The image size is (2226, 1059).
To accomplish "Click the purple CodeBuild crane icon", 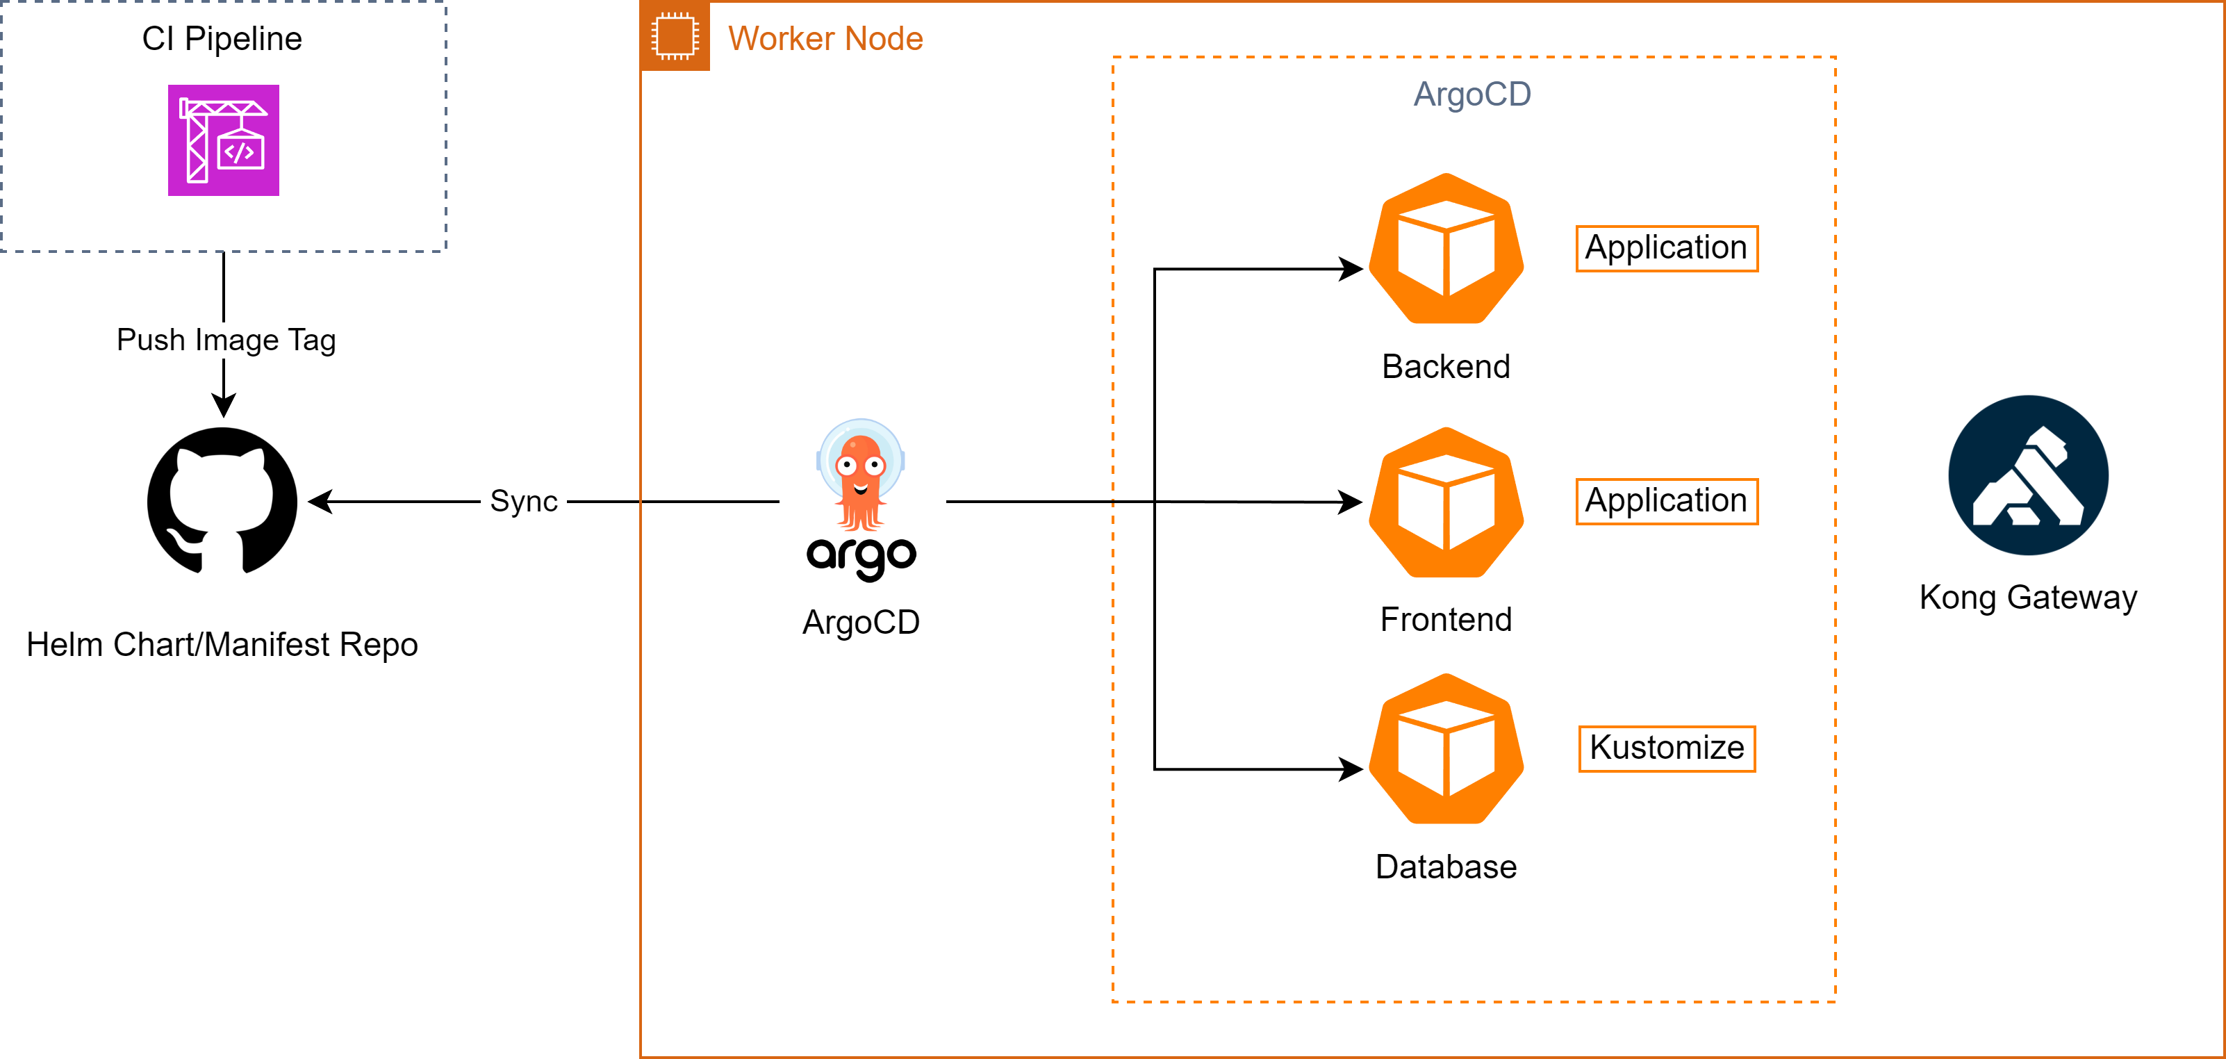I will pyautogui.click(x=223, y=140).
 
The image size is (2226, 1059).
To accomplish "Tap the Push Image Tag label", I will pyautogui.click(x=226, y=340).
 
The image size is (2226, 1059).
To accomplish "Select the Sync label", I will pyautogui.click(x=522, y=502).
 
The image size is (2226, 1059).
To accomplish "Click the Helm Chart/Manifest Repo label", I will pyautogui.click(x=223, y=646).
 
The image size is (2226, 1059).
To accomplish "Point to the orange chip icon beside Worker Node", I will pyautogui.click(x=675, y=36).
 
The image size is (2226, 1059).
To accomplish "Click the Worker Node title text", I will pyautogui.click(x=825, y=39).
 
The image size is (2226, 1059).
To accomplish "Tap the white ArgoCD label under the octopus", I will pyautogui.click(x=861, y=623).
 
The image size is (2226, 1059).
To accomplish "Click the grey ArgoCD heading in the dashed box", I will pyautogui.click(x=1471, y=95).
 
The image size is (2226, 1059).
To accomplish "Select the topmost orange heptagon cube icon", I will pyautogui.click(x=1446, y=248).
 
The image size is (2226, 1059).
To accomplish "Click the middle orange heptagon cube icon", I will pyautogui.click(x=1446, y=502).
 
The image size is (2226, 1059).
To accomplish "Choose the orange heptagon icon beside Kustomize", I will pyautogui.click(x=1446, y=748).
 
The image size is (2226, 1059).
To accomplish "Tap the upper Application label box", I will pyautogui.click(x=1666, y=248).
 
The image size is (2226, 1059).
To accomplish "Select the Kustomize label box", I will pyautogui.click(x=1666, y=748).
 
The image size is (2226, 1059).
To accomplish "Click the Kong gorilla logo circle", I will pyautogui.click(x=2027, y=475).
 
